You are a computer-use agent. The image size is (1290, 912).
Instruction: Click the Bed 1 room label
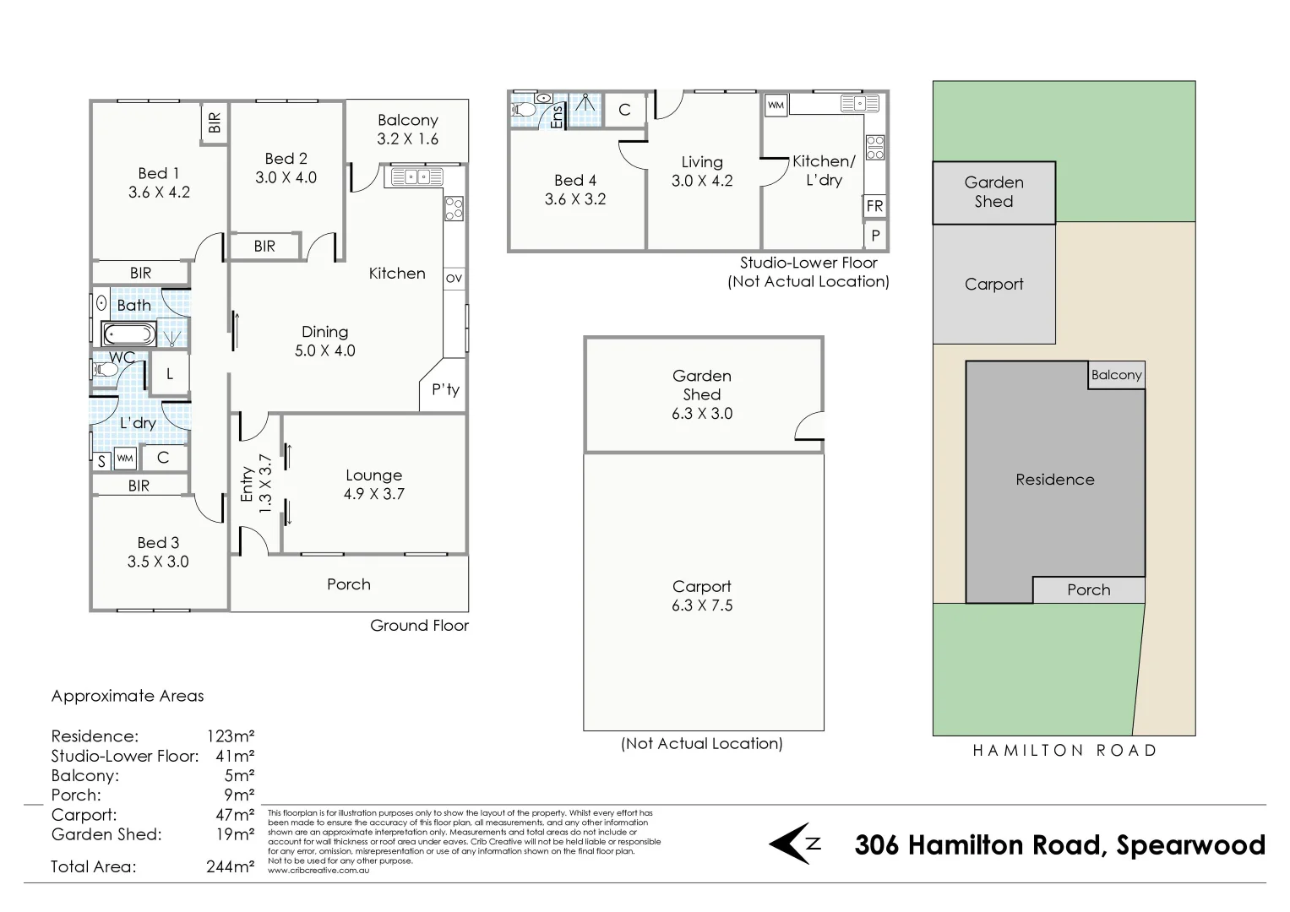tap(159, 173)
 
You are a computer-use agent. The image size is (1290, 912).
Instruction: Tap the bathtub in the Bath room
tap(128, 334)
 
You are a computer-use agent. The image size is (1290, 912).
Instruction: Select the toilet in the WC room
tap(106, 370)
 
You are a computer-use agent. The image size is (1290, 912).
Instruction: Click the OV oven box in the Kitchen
tap(454, 278)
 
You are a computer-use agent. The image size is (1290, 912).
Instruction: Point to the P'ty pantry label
tap(445, 389)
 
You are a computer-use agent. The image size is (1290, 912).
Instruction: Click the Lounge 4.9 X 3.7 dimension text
tap(373, 494)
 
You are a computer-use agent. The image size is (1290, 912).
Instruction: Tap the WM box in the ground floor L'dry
tap(125, 459)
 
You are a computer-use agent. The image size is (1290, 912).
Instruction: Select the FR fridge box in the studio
tap(874, 206)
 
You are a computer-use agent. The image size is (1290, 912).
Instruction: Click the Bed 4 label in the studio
tap(574, 180)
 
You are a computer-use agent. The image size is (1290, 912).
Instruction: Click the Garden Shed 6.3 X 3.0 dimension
tap(702, 414)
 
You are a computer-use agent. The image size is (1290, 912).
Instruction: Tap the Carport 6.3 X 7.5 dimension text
tap(702, 605)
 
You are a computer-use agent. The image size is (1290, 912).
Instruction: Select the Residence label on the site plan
tap(1054, 480)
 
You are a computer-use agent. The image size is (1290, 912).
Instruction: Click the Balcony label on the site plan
tap(1116, 375)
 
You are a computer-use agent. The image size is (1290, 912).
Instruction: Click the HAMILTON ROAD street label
tap(1064, 750)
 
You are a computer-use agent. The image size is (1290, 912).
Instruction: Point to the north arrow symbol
tap(794, 844)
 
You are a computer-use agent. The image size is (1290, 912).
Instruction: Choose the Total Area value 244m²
tap(230, 866)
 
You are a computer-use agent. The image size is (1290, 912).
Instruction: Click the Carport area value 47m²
tap(234, 815)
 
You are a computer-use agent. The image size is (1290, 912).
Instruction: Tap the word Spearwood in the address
tap(1190, 845)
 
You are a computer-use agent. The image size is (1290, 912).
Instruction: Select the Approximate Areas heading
tap(128, 696)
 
